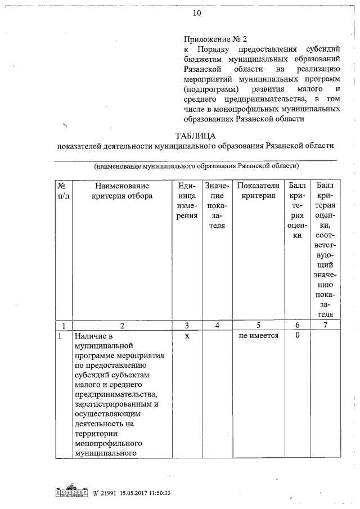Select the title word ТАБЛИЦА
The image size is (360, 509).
[x=195, y=136]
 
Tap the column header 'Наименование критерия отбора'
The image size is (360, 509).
[x=121, y=191]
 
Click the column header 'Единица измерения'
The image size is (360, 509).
[x=186, y=201]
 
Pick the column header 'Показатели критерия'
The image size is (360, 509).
[x=258, y=191]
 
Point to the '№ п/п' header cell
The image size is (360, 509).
[x=64, y=191]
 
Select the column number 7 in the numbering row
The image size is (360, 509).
[x=324, y=325]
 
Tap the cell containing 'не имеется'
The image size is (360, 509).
[x=258, y=336]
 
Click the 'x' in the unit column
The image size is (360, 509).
[x=186, y=336]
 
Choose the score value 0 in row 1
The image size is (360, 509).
[x=297, y=336]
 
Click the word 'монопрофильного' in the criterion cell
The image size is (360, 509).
[x=106, y=443]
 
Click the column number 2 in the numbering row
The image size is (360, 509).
[x=121, y=325]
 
